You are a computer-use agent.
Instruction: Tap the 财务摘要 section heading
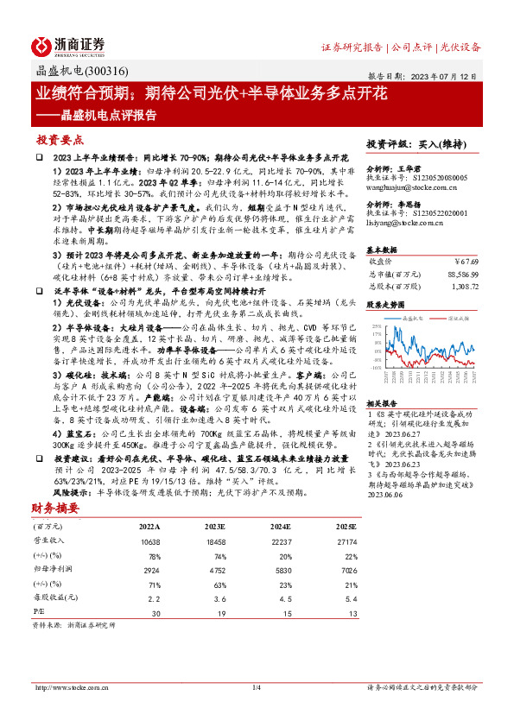pos(56,508)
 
